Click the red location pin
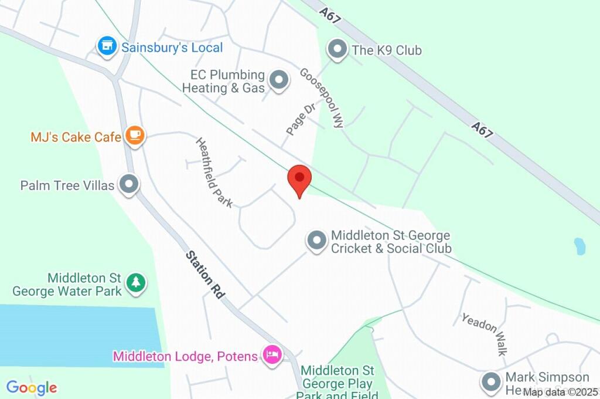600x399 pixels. point(299,178)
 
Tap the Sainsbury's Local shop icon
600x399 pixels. point(107,47)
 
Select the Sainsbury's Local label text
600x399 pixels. point(172,48)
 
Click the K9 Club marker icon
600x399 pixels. point(337,50)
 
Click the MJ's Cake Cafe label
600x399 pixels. point(76,137)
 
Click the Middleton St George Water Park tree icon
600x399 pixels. point(137,283)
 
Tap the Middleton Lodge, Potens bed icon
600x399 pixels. point(272,355)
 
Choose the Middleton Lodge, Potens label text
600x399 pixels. point(185,356)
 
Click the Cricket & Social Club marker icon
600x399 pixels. point(317,241)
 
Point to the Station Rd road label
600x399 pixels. point(205,275)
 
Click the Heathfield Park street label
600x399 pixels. point(214,173)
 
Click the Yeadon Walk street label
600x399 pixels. point(484,334)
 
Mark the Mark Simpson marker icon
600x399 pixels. point(490,383)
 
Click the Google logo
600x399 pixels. point(32,388)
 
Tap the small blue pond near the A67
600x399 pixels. point(579,246)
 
